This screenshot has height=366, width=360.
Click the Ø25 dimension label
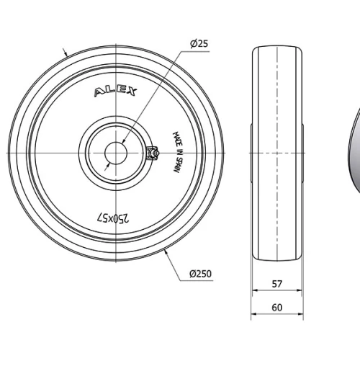coord(199,44)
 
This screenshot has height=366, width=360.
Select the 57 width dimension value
coord(277,285)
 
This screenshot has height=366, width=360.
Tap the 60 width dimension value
coord(277,308)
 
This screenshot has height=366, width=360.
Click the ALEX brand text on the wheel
coord(117,93)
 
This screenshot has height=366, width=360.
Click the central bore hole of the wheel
coord(116,153)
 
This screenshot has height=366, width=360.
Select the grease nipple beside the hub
coord(152,153)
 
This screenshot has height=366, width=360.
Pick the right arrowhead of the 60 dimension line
coord(302,315)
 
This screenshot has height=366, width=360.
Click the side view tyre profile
coord(277,153)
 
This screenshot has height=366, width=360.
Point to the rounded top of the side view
coord(277,49)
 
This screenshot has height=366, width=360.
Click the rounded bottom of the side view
coord(277,258)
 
